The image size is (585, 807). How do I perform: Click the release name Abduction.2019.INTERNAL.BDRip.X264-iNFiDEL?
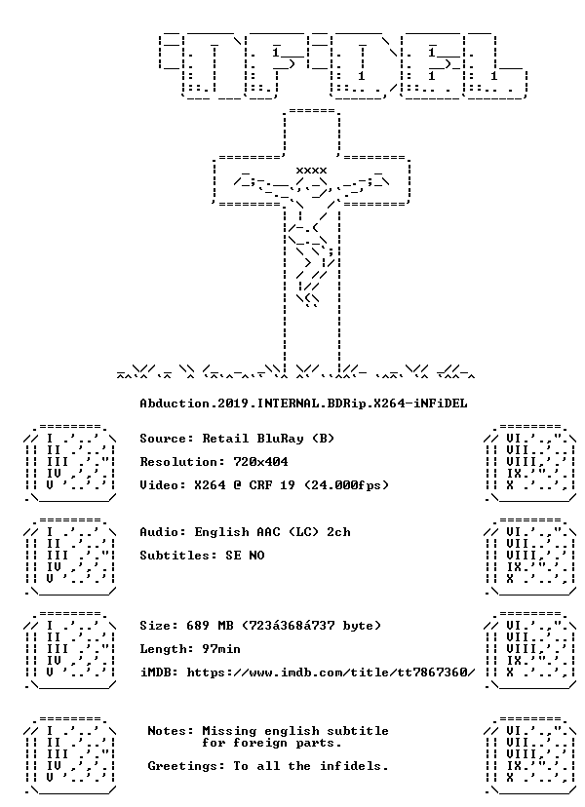pyautogui.click(x=304, y=403)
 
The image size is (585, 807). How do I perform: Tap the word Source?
pyautogui.click(x=163, y=439)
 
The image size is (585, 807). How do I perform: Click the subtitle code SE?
pyautogui.click(x=233, y=556)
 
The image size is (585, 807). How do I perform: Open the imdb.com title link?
pyautogui.click(x=331, y=672)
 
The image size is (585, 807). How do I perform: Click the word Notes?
pyautogui.click(x=167, y=731)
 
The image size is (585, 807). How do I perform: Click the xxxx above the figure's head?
pyautogui.click(x=311, y=171)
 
